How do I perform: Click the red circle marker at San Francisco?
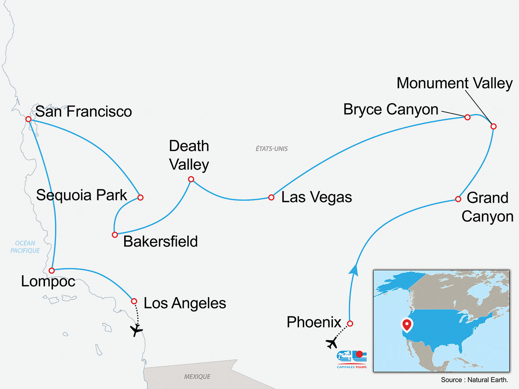(28, 119)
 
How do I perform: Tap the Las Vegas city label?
(316, 197)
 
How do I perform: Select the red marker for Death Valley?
(191, 179)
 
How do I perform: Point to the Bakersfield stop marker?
(115, 235)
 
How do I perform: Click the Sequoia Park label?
(82, 195)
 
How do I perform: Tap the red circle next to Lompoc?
(52, 270)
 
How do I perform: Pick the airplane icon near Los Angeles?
(136, 330)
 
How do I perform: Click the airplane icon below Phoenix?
(332, 343)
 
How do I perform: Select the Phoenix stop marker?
(350, 324)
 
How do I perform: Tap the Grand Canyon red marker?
(458, 199)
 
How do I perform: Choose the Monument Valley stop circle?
(494, 127)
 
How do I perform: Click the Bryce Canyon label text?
(391, 109)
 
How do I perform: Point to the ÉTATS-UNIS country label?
(272, 149)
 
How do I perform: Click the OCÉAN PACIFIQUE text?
(25, 247)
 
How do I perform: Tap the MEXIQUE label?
(197, 377)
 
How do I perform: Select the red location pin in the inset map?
(407, 325)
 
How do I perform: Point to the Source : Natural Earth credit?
(474, 380)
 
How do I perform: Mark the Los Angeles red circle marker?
(134, 302)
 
